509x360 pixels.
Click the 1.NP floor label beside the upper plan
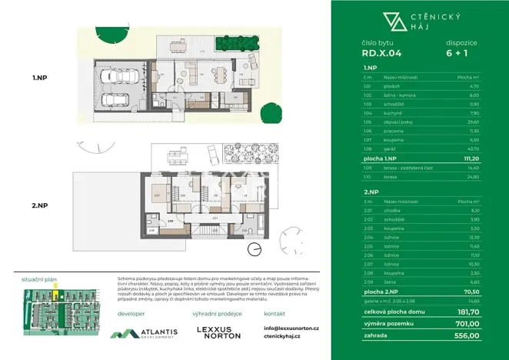[40, 77]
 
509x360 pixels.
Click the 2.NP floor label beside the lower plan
[40, 205]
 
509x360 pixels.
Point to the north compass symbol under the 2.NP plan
[254, 248]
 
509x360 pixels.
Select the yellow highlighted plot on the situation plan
[55, 294]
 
